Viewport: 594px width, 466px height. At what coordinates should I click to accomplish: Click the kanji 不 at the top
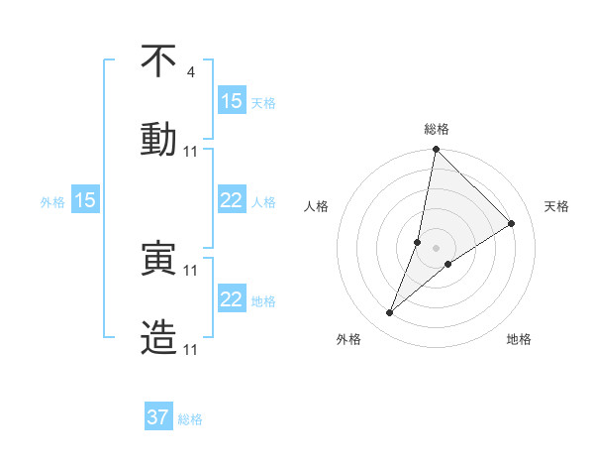coord(158,62)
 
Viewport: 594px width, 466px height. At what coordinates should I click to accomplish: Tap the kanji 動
coord(158,139)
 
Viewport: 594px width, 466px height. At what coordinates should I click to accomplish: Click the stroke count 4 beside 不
coord(190,72)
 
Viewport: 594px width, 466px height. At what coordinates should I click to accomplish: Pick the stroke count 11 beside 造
coord(192,349)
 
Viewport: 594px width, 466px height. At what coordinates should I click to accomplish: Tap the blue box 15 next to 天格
coord(232,101)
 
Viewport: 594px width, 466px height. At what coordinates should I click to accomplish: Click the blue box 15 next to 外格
coord(85,200)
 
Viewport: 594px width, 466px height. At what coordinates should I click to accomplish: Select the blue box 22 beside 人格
coord(232,200)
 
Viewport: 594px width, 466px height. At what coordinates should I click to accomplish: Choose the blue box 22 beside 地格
coord(232,299)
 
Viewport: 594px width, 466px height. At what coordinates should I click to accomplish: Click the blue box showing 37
coord(158,417)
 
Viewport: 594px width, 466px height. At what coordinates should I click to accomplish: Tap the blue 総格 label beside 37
coord(190,419)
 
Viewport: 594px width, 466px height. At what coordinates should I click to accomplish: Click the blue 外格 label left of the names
coord(52,201)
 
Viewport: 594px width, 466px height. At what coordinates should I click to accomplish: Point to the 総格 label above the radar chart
coord(436,129)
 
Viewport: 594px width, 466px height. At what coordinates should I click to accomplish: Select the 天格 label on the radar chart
coord(556,206)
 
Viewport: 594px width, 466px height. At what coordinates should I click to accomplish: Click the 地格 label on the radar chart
coord(519,339)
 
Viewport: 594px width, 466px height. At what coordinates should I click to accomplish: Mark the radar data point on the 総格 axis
coord(436,150)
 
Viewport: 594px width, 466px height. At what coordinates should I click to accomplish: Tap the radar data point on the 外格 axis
coord(390,313)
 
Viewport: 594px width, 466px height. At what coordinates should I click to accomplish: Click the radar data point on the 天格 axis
coord(512,224)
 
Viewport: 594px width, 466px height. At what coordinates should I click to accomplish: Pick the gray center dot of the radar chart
coord(436,248)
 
